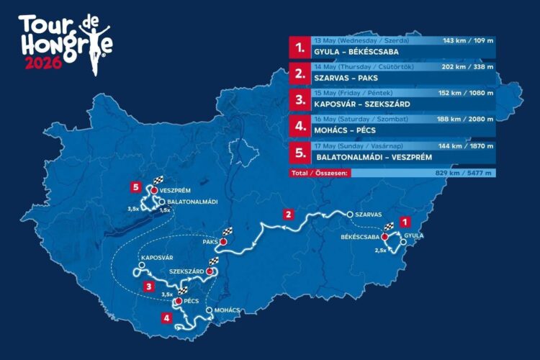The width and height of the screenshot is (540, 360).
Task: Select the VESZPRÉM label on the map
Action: click(x=175, y=191)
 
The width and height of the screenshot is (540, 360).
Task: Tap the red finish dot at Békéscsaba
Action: click(x=384, y=236)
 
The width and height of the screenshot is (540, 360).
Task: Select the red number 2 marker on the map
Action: click(x=288, y=214)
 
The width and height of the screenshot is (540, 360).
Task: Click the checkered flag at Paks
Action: click(x=229, y=231)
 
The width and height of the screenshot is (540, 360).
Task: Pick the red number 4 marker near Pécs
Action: click(x=167, y=318)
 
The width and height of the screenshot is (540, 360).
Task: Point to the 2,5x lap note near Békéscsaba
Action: click(x=382, y=250)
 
